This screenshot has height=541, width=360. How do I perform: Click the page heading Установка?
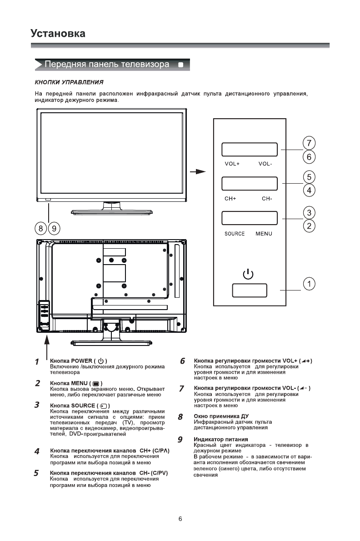pyautogui.click(x=58, y=34)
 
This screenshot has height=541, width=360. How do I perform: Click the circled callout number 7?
pyautogui.click(x=309, y=143)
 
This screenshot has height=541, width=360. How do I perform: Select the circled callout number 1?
pyautogui.click(x=309, y=284)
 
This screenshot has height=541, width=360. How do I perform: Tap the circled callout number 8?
pyautogui.click(x=41, y=228)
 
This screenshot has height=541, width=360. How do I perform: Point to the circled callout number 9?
pyautogui.click(x=54, y=228)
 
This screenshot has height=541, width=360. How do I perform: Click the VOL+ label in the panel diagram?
pyautogui.click(x=232, y=163)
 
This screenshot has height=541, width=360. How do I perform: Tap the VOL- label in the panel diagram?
pyautogui.click(x=265, y=163)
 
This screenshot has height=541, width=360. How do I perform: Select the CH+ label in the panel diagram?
pyautogui.click(x=230, y=198)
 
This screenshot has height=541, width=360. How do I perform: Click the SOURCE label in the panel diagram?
pyautogui.click(x=235, y=234)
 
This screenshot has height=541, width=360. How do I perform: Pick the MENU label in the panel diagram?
pyautogui.click(x=264, y=234)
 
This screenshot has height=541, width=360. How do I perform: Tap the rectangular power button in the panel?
pyautogui.click(x=250, y=290)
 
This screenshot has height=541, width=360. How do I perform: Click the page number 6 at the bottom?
pyautogui.click(x=180, y=519)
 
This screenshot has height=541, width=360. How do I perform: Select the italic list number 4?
pyautogui.click(x=37, y=451)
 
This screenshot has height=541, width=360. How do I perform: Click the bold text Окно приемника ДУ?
pyautogui.click(x=221, y=416)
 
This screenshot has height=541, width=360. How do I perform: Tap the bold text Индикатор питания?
pyautogui.click(x=221, y=439)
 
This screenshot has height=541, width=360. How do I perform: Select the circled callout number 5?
pyautogui.click(x=309, y=176)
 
